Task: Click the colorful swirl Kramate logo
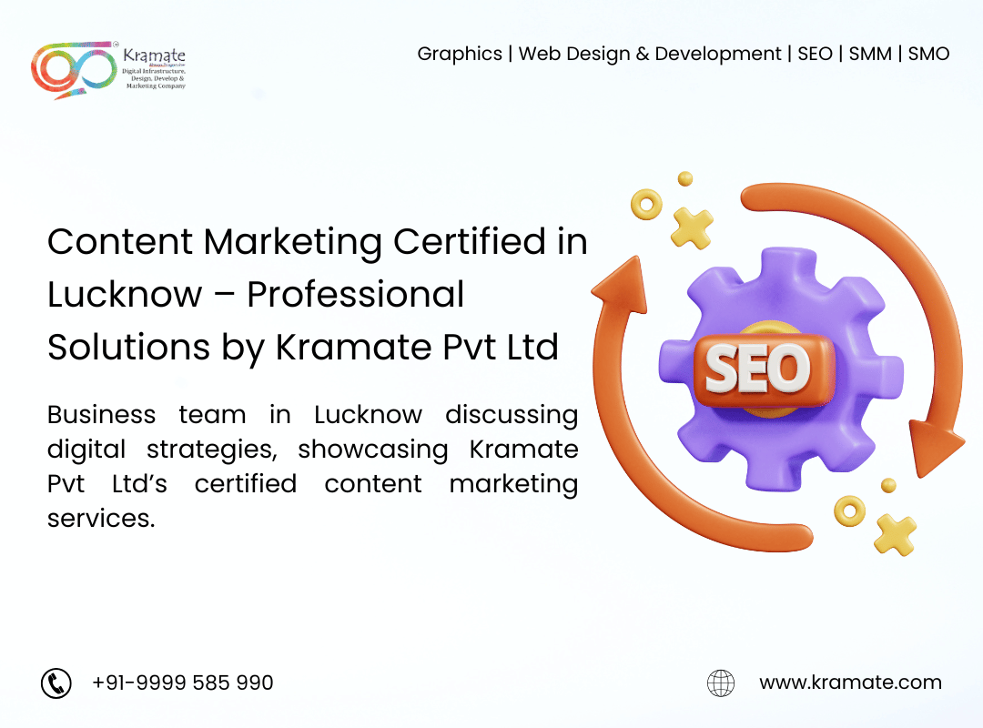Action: [74, 69]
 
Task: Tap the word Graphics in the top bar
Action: [460, 55]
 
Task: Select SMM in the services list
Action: [870, 54]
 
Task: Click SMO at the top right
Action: [928, 54]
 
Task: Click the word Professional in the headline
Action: [356, 294]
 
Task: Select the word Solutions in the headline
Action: [128, 347]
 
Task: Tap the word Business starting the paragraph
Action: [102, 414]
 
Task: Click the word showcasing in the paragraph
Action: [373, 450]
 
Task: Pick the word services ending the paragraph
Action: [101, 519]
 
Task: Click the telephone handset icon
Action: [56, 682]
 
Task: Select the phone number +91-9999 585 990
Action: [182, 682]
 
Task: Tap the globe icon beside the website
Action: [721, 682]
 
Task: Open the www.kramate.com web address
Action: [850, 682]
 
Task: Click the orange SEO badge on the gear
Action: [763, 370]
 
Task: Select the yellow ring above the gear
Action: [646, 205]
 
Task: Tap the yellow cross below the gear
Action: [895, 535]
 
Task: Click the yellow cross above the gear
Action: [692, 228]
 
